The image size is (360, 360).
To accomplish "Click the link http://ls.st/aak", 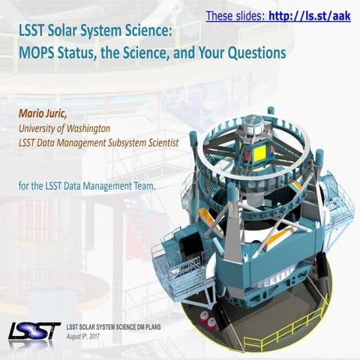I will (310, 15).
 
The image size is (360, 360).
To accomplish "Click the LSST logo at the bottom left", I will (33, 330).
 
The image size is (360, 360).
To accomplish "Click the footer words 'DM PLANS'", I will (163, 328).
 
